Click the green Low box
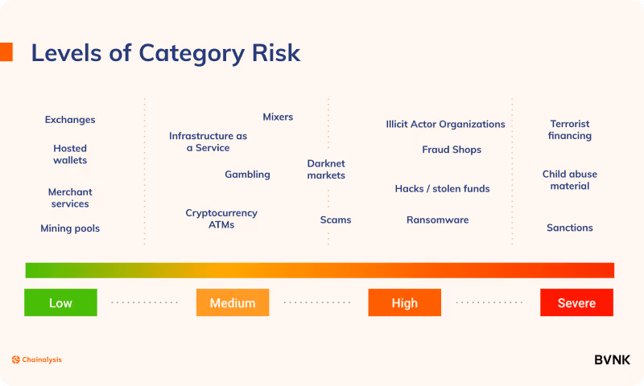click(x=61, y=302)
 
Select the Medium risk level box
click(x=233, y=302)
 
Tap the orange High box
click(x=405, y=302)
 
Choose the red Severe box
click(x=576, y=302)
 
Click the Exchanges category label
click(x=70, y=120)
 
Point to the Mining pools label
click(x=70, y=228)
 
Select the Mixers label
click(x=278, y=117)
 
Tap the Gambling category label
click(x=247, y=175)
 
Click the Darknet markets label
click(x=326, y=170)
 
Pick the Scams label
click(x=336, y=220)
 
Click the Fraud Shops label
click(x=452, y=150)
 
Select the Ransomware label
click(x=438, y=220)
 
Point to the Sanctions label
click(x=570, y=228)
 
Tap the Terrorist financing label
click(x=570, y=129)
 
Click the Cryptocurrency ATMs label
click(x=221, y=219)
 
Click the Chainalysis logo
click(x=36, y=359)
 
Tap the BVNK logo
click(x=612, y=360)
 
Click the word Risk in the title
click(x=276, y=53)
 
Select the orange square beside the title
click(x=6, y=52)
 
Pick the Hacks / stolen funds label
click(x=442, y=189)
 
